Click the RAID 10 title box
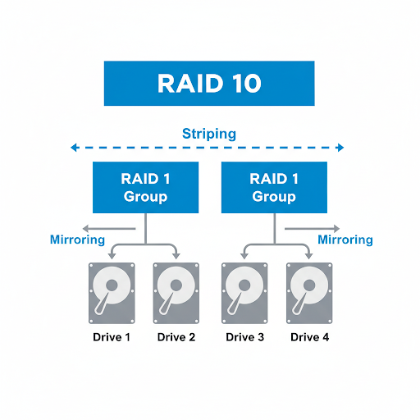pos(210,83)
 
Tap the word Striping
pos(209,133)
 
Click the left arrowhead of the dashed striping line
pos(75,148)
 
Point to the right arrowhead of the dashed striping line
pos(340,148)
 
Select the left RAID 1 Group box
pos(145,188)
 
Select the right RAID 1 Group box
pos(274,188)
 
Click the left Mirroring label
pos(77,240)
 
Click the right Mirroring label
pos(345,240)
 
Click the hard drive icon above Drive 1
pos(112,293)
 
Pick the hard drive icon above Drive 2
pos(176,293)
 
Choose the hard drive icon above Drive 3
pos(244,293)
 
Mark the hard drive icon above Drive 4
pos(308,293)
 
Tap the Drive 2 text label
pos(176,337)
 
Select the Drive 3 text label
pos(244,337)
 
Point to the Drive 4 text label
pos(308,337)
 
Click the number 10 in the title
pos(244,83)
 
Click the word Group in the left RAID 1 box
pos(145,197)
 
